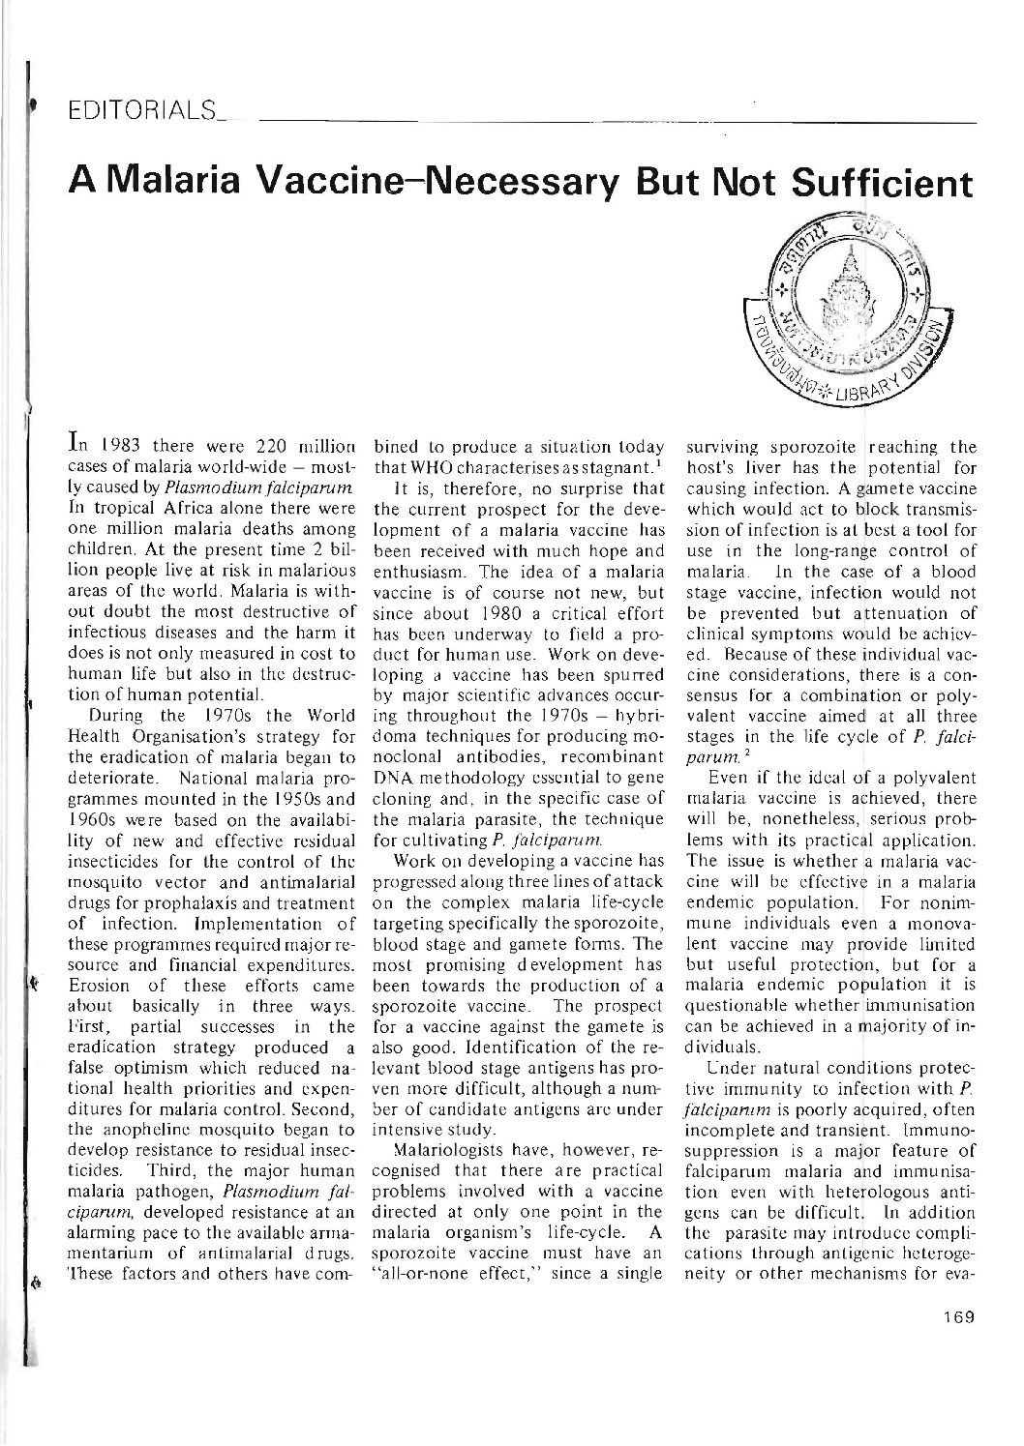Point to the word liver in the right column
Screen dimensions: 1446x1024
[751, 465]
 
